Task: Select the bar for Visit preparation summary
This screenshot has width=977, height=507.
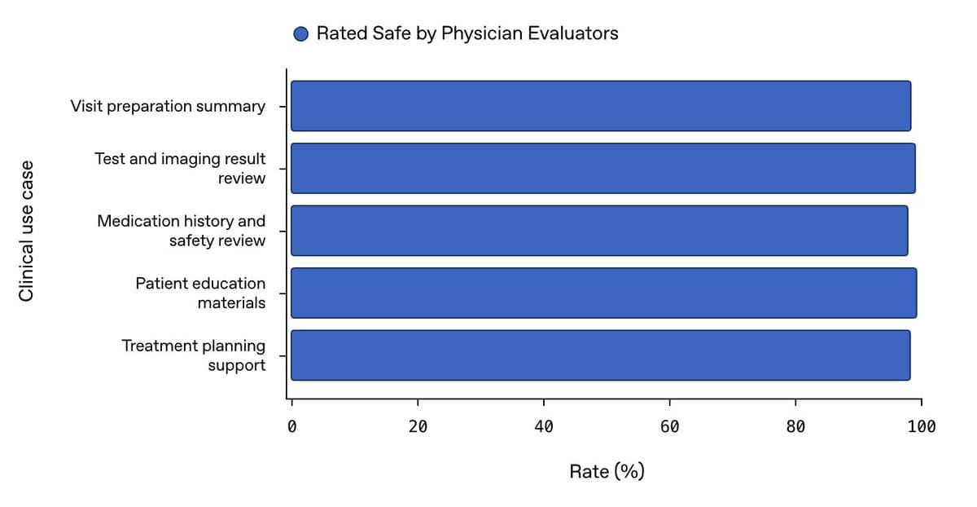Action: [x=601, y=106]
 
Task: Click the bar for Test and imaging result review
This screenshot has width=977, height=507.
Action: [x=603, y=168]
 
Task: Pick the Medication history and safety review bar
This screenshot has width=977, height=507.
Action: [x=599, y=231]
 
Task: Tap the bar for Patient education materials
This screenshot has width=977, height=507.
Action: [x=603, y=293]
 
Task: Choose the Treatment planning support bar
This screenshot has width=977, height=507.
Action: [x=601, y=355]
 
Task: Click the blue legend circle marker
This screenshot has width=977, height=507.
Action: [x=301, y=34]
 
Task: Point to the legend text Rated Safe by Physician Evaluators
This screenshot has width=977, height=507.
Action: [x=467, y=33]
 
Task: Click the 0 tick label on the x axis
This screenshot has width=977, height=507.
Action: [x=291, y=426]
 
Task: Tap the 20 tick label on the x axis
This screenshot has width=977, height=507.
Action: [x=418, y=426]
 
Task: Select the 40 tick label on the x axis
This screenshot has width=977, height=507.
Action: [x=544, y=426]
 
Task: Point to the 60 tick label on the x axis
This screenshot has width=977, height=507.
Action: [x=669, y=426]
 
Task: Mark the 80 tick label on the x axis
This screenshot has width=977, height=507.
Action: [x=795, y=426]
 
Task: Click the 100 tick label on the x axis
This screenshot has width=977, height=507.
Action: [x=922, y=426]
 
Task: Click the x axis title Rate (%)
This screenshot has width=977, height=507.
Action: [x=607, y=472]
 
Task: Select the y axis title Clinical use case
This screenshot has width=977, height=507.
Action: [x=26, y=231]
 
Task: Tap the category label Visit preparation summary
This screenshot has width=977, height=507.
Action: [x=168, y=106]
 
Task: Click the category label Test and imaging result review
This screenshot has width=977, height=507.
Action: [x=180, y=168]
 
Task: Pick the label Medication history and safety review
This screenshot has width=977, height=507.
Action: [x=182, y=231]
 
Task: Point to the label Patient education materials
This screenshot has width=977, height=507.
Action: [x=200, y=293]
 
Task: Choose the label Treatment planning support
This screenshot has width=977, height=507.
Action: [x=194, y=355]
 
